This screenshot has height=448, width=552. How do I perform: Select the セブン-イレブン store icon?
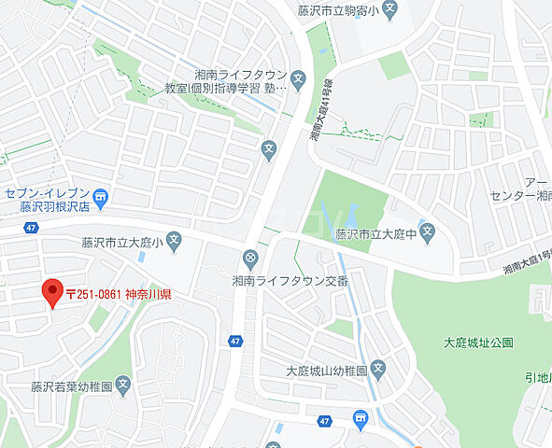click(x=103, y=196)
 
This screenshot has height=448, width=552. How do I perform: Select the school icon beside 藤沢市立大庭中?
click(x=427, y=232)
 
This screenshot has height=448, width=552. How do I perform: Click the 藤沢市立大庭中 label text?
click(x=375, y=234)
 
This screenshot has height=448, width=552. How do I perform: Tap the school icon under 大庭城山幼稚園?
click(x=377, y=369)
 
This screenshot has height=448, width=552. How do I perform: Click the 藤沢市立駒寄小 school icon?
click(x=391, y=10)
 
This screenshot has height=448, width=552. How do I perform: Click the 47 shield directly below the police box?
click(x=234, y=342)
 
